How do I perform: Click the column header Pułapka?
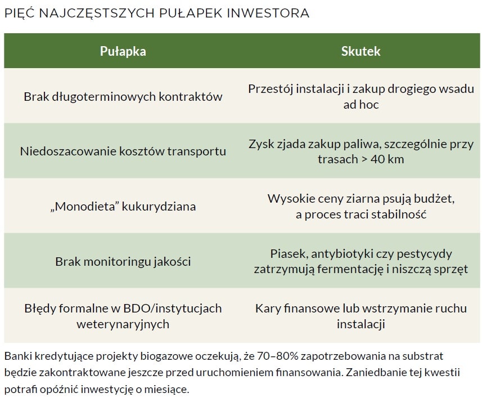pos(123,51)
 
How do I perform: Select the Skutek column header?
pos(361,51)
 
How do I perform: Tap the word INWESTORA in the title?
pos(268,14)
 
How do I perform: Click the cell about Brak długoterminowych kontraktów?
pos(123,97)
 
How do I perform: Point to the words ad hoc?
pos(361,105)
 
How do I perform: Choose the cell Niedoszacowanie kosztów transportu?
pos(123,151)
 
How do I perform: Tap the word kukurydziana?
pos(159,207)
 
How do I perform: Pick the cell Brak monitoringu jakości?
pos(123,262)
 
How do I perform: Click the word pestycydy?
pos(424,254)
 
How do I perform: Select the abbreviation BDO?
pos(136,309)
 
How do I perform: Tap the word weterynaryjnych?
pos(123,324)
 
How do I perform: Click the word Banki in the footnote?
pos(18,356)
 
